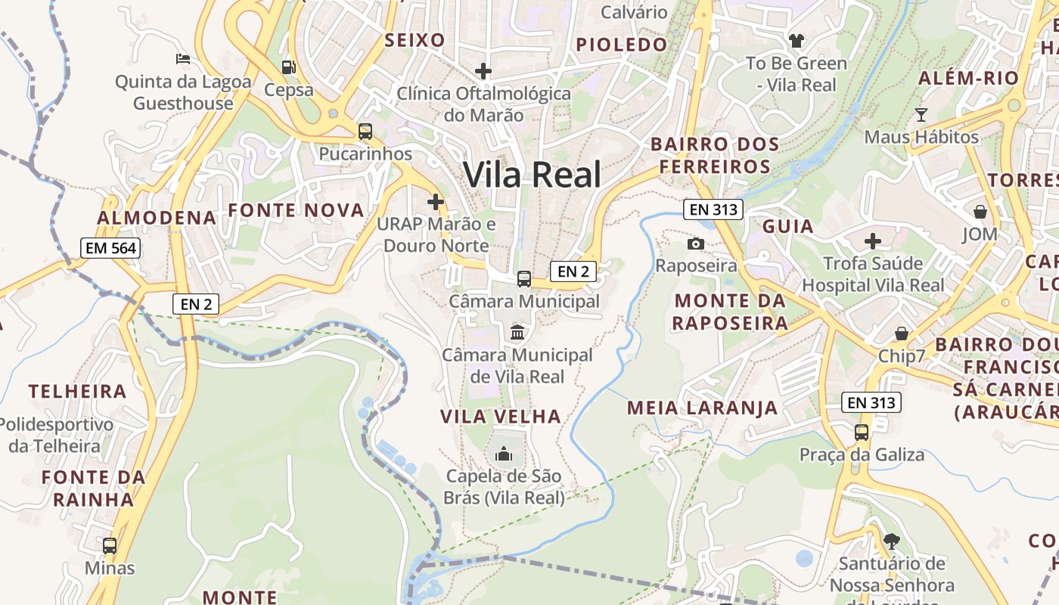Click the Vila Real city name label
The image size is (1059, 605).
(x=533, y=175)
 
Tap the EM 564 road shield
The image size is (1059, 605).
(x=111, y=247)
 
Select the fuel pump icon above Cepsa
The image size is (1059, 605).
(x=288, y=67)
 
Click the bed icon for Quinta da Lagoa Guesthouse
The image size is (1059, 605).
(x=183, y=58)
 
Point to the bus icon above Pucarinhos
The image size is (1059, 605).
(x=365, y=131)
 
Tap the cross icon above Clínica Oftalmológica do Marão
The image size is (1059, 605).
(x=483, y=71)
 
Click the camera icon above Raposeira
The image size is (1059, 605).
(x=696, y=244)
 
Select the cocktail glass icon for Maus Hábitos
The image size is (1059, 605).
(x=921, y=115)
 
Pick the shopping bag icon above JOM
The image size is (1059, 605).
(x=980, y=211)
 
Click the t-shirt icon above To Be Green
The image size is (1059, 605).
(x=797, y=40)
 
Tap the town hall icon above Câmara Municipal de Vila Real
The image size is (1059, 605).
(x=517, y=332)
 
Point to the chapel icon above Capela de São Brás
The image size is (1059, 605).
(x=504, y=454)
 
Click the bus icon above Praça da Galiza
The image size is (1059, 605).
(x=862, y=432)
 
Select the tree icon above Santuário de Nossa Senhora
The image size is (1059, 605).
(x=892, y=541)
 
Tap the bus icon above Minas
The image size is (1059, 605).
(x=110, y=545)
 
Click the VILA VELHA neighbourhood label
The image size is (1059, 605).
(x=501, y=417)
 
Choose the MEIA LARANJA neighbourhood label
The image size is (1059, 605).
(x=702, y=408)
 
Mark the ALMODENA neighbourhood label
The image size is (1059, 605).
(x=157, y=218)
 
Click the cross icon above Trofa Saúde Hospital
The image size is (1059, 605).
(x=873, y=241)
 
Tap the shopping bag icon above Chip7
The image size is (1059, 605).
(x=902, y=334)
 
